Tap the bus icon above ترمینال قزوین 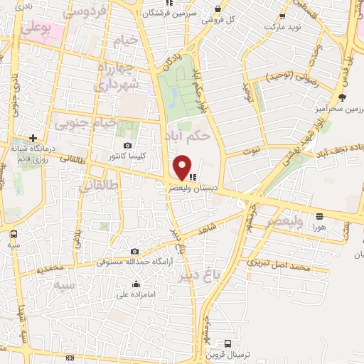pos(227,343)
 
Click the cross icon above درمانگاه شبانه pos(33,137)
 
